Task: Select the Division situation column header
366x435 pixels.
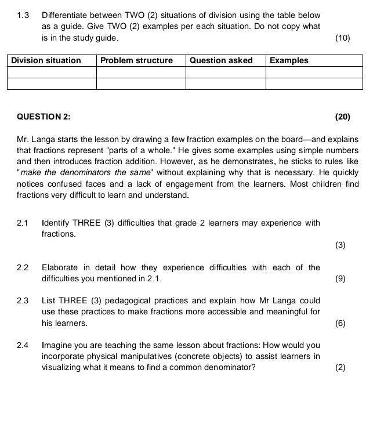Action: pos(46,60)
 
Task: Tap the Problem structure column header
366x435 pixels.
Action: pos(136,60)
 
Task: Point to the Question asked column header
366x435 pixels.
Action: pos(222,60)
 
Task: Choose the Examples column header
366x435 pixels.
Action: pos(289,60)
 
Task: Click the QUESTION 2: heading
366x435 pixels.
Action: pos(44,117)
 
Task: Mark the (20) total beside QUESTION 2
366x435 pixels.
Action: pos(343,117)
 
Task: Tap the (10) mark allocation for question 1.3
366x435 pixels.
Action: pos(343,38)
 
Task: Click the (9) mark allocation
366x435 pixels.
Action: pos(340,278)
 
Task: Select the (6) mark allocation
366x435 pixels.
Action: pos(340,323)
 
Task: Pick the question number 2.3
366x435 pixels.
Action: pos(23,300)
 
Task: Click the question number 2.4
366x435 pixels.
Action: pos(23,346)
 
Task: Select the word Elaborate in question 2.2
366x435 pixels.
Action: pos(60,267)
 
